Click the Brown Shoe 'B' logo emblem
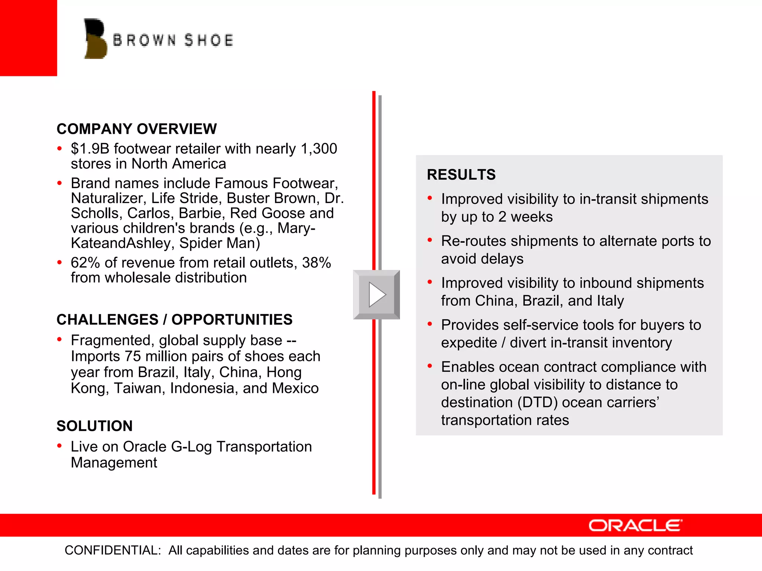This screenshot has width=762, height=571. pyautogui.click(x=96, y=39)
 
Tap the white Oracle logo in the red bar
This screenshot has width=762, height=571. pyautogui.click(x=635, y=525)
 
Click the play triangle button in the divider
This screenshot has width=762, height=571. pyautogui.click(x=377, y=294)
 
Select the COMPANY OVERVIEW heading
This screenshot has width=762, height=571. pyautogui.click(x=137, y=129)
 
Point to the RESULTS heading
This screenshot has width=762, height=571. pyautogui.click(x=461, y=175)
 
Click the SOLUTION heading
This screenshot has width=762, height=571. pyautogui.click(x=95, y=426)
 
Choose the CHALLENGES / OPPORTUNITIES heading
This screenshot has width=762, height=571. pyautogui.click(x=175, y=320)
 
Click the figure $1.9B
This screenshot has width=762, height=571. pyautogui.click(x=90, y=149)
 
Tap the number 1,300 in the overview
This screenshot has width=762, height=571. pyautogui.click(x=319, y=149)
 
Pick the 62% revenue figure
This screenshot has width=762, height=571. pyautogui.click(x=85, y=263)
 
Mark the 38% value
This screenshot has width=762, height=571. pyautogui.click(x=316, y=263)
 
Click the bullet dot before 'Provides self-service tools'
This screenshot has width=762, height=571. pyautogui.click(x=430, y=324)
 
